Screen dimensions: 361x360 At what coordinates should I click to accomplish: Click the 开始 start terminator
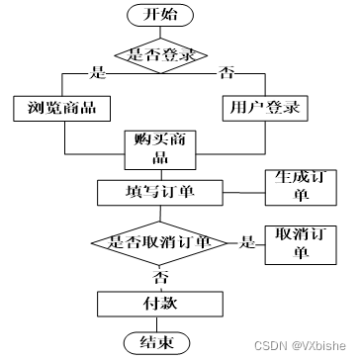click(160, 15)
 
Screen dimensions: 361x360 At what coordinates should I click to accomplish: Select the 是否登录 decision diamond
click(161, 55)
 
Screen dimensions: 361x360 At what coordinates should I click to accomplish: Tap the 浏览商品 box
click(62, 109)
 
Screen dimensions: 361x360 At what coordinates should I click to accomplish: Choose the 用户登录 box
click(265, 109)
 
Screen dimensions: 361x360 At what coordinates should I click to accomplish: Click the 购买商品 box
click(160, 150)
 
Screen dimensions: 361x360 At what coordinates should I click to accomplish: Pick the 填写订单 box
click(160, 193)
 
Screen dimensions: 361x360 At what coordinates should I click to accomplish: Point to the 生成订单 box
click(301, 187)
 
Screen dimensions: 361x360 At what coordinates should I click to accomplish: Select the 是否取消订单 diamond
click(159, 243)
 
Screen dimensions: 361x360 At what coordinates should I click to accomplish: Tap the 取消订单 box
click(301, 245)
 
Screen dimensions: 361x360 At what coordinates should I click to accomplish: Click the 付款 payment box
click(160, 304)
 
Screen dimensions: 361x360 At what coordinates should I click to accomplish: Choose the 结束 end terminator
click(157, 343)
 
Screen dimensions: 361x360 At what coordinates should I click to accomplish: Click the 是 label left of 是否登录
click(98, 73)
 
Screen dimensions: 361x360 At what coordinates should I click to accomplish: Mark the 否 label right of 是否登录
click(226, 73)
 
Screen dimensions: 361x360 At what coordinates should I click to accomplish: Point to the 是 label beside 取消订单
click(247, 242)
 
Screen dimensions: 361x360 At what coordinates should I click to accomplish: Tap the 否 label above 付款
click(159, 278)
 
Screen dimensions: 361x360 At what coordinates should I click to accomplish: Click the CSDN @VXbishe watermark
click(300, 345)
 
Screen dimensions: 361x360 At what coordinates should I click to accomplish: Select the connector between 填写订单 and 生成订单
click(244, 193)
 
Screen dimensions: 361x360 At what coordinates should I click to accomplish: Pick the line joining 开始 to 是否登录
click(160, 33)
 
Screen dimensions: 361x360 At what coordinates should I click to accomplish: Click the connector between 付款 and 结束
click(157, 324)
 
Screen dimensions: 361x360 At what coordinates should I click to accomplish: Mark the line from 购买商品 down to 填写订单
click(161, 175)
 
